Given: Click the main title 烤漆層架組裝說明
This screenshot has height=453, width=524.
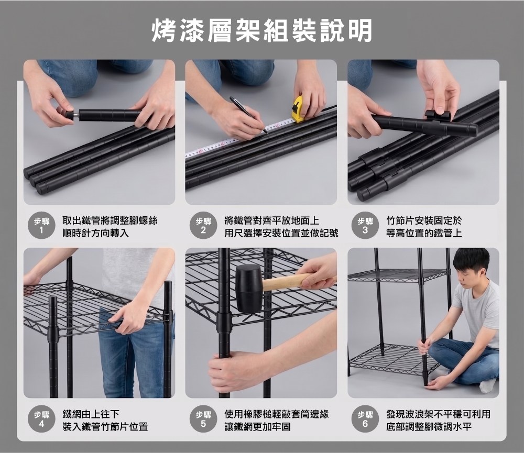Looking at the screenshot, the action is [x=262, y=30].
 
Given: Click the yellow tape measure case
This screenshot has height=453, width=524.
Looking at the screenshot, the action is [x=298, y=108].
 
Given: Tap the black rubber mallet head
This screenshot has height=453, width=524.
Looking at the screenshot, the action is [x=248, y=289].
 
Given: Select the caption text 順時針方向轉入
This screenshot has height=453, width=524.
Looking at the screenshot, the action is [x=95, y=233].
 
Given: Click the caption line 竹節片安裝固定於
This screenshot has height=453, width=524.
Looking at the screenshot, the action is [x=424, y=220].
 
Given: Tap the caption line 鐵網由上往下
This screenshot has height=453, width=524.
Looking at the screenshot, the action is [x=91, y=414].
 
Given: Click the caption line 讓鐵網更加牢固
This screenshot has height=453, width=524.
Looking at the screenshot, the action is [x=258, y=427].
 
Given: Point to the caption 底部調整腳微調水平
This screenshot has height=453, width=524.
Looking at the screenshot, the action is [x=429, y=427].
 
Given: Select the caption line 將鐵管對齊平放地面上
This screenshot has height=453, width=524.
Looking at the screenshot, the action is [x=271, y=220].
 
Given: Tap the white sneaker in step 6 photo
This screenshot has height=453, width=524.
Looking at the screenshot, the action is [x=488, y=384].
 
